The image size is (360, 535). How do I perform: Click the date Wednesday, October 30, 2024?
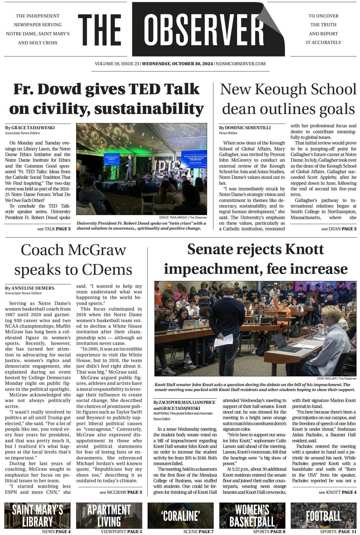[177, 64]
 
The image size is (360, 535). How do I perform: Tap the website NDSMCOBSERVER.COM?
[241, 64]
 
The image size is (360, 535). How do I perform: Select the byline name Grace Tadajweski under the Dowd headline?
[33, 128]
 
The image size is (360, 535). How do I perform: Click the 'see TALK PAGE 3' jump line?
[54, 229]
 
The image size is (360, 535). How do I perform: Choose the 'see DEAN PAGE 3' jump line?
[338, 229]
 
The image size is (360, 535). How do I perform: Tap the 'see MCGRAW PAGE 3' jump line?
[121, 492]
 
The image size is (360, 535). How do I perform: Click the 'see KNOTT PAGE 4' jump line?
[337, 492]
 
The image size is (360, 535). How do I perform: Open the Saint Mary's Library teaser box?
[37, 515]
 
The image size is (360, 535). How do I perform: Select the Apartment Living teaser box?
[109, 515]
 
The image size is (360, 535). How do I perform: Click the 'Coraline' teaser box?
[181, 515]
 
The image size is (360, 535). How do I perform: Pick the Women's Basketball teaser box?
[252, 515]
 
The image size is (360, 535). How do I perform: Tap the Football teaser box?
[323, 515]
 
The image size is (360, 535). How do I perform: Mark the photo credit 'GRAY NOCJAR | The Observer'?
[336, 379]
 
